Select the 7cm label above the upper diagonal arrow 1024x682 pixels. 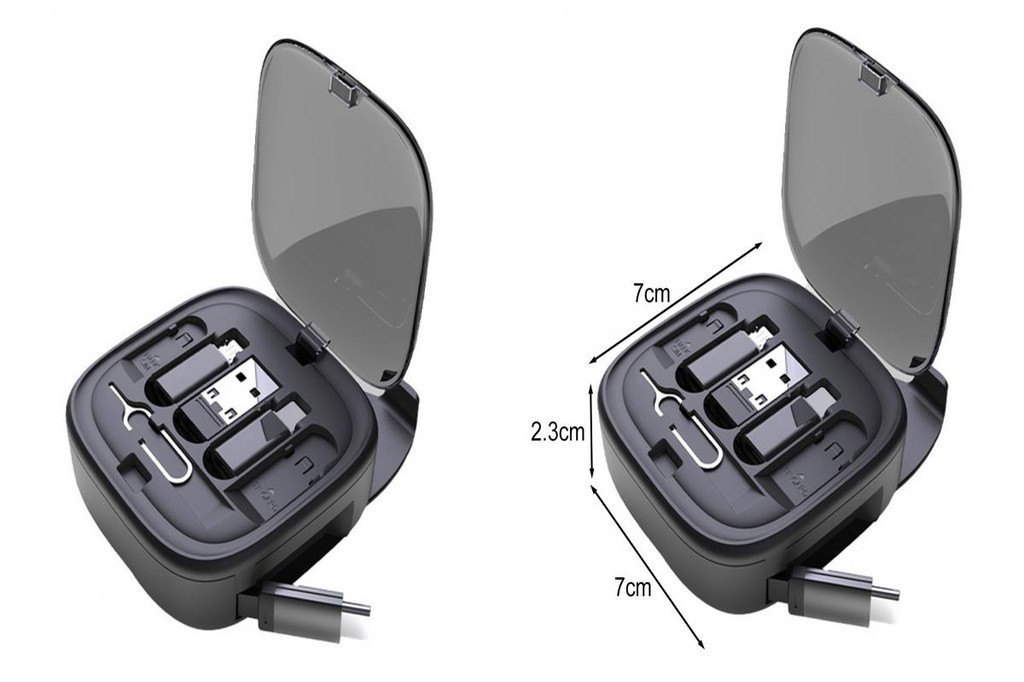(x=651, y=294)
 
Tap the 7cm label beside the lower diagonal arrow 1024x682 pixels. (x=632, y=587)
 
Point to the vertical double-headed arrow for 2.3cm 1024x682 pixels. (x=595, y=431)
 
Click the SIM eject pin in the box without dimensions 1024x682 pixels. (x=150, y=440)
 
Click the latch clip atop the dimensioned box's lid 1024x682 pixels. (x=874, y=78)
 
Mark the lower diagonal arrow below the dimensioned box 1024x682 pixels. (x=649, y=566)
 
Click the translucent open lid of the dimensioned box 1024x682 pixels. (x=865, y=200)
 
